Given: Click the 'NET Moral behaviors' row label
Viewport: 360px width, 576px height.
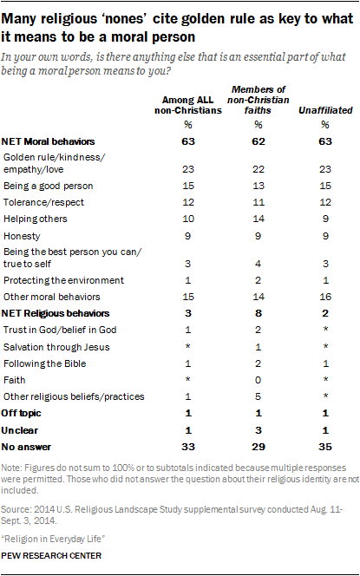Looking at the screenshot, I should (52, 141).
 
